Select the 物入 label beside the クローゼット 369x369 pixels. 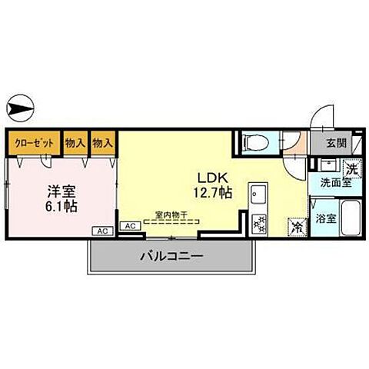click(x=75, y=143)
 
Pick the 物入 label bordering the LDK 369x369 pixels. click(x=102, y=143)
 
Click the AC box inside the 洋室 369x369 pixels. click(x=101, y=230)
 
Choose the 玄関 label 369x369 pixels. click(x=335, y=143)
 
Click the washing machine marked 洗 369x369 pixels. click(x=351, y=169)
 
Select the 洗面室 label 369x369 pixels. click(x=335, y=184)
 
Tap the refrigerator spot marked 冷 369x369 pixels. click(x=296, y=228)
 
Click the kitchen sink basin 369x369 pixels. click(x=258, y=192)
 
